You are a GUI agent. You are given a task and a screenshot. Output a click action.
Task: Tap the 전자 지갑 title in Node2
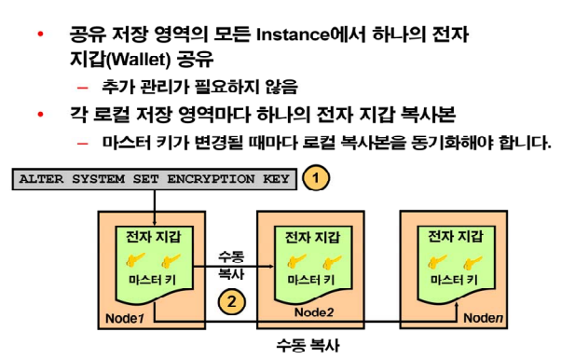(313, 236)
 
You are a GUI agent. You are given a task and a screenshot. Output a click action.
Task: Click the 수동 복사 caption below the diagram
(308, 345)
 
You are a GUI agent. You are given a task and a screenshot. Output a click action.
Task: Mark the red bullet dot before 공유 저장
(40, 35)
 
